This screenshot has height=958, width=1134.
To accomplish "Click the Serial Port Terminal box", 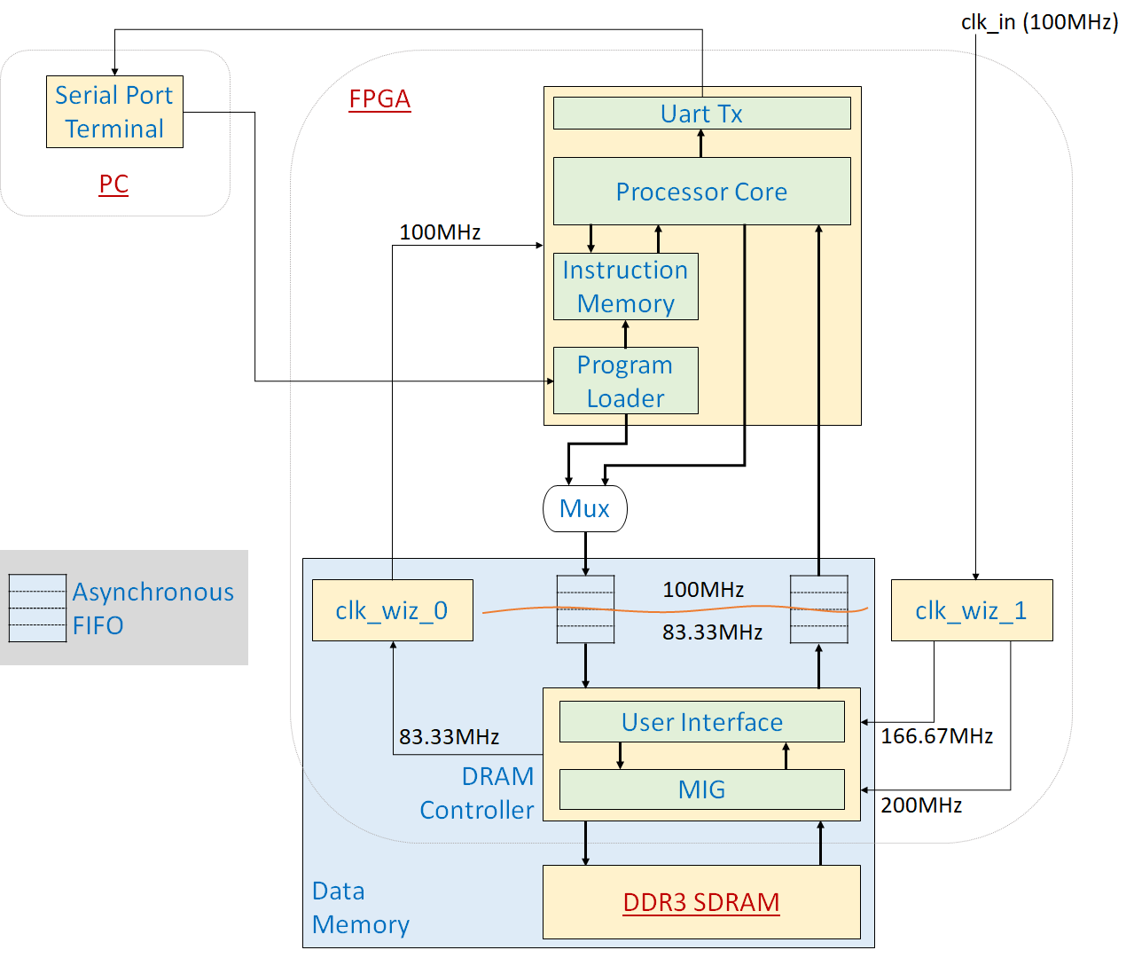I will tap(114, 112).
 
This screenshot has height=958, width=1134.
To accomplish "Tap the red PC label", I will tap(113, 185).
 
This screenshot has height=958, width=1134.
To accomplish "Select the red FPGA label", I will tap(379, 98).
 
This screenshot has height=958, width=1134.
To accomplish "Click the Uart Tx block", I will tap(701, 114).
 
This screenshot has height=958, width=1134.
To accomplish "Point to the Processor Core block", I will tap(701, 192).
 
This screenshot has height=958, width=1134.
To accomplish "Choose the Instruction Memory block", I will tap(625, 287).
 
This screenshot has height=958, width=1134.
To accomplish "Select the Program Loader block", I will tap(625, 381).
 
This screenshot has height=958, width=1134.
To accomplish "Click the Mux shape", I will tap(584, 508).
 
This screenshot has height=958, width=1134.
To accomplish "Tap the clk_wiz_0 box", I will tap(392, 610).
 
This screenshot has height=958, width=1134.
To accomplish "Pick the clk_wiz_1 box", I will tap(971, 610).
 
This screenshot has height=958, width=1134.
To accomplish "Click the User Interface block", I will tap(701, 722).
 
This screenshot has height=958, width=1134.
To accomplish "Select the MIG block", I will tap(701, 789).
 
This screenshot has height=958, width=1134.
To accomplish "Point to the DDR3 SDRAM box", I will tap(701, 902).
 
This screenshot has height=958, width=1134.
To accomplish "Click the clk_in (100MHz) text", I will tap(1039, 22).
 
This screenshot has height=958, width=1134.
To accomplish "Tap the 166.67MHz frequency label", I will tap(936, 736).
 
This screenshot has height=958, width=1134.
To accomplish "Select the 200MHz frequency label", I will tap(921, 805).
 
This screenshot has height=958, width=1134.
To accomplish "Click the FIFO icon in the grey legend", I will tap(37, 609).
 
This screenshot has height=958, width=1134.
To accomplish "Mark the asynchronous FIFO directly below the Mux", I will tap(585, 609).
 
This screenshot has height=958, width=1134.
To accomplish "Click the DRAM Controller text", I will tap(477, 793).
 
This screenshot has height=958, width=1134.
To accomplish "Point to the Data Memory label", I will tap(360, 907).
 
